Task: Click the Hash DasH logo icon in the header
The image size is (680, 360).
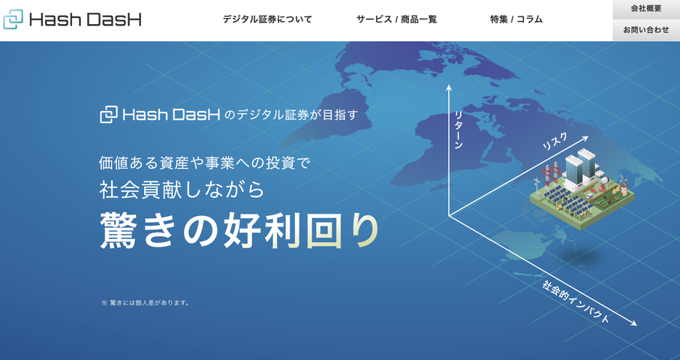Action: [x=14, y=19]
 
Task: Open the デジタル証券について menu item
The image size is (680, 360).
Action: [x=267, y=19]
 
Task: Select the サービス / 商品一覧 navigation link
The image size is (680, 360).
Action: [x=396, y=19]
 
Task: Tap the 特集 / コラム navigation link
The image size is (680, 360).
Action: [x=516, y=19]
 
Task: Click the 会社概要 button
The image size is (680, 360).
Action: [x=645, y=9]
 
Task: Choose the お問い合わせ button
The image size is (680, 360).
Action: [x=645, y=30]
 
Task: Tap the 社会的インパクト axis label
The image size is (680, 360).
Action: [x=576, y=302]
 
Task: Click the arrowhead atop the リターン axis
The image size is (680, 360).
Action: [x=449, y=88]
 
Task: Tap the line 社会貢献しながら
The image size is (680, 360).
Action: [x=182, y=189]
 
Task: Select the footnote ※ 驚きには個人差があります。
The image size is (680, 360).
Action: [x=145, y=303]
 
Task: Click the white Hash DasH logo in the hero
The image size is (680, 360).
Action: [x=161, y=115]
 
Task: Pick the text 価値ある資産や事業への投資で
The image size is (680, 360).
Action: [x=204, y=161]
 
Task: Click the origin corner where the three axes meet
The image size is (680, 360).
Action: [x=449, y=215]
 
